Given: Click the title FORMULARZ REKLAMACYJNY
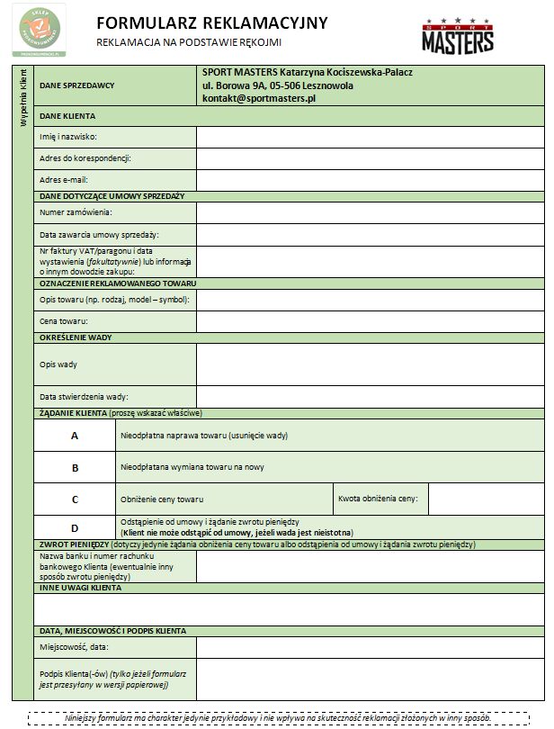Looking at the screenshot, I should click(x=211, y=22).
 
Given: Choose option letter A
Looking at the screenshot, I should click(x=75, y=436).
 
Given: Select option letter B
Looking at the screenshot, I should click(x=75, y=468).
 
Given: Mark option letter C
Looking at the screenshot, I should click(x=75, y=499).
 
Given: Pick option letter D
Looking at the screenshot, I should click(x=75, y=527).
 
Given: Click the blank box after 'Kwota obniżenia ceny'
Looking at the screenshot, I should click(x=484, y=499).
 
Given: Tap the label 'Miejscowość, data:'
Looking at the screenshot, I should click(x=74, y=646).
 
